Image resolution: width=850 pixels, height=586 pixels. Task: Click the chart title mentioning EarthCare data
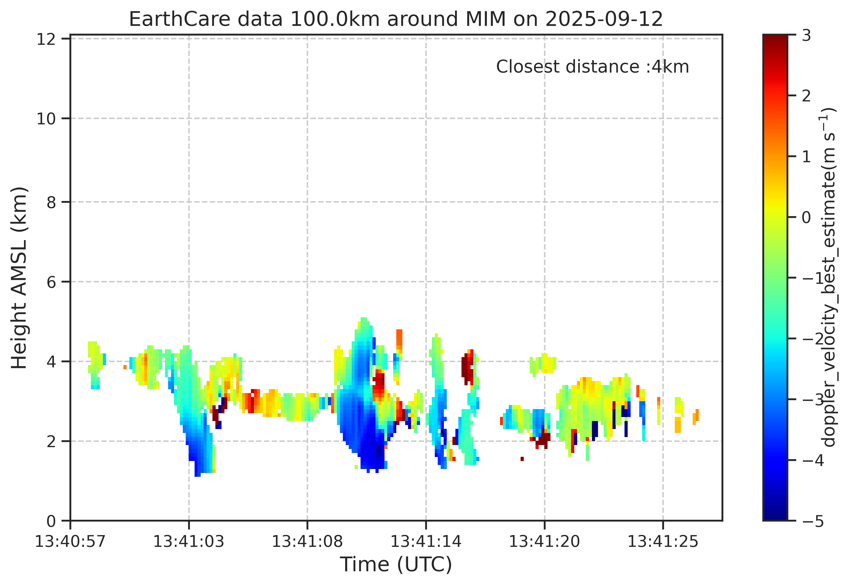396,19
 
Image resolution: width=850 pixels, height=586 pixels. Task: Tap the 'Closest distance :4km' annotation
592,67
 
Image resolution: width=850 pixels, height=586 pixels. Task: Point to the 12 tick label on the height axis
46,39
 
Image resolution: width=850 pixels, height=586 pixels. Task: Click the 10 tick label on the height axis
46,119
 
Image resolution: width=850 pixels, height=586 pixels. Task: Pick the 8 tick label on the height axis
51,202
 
